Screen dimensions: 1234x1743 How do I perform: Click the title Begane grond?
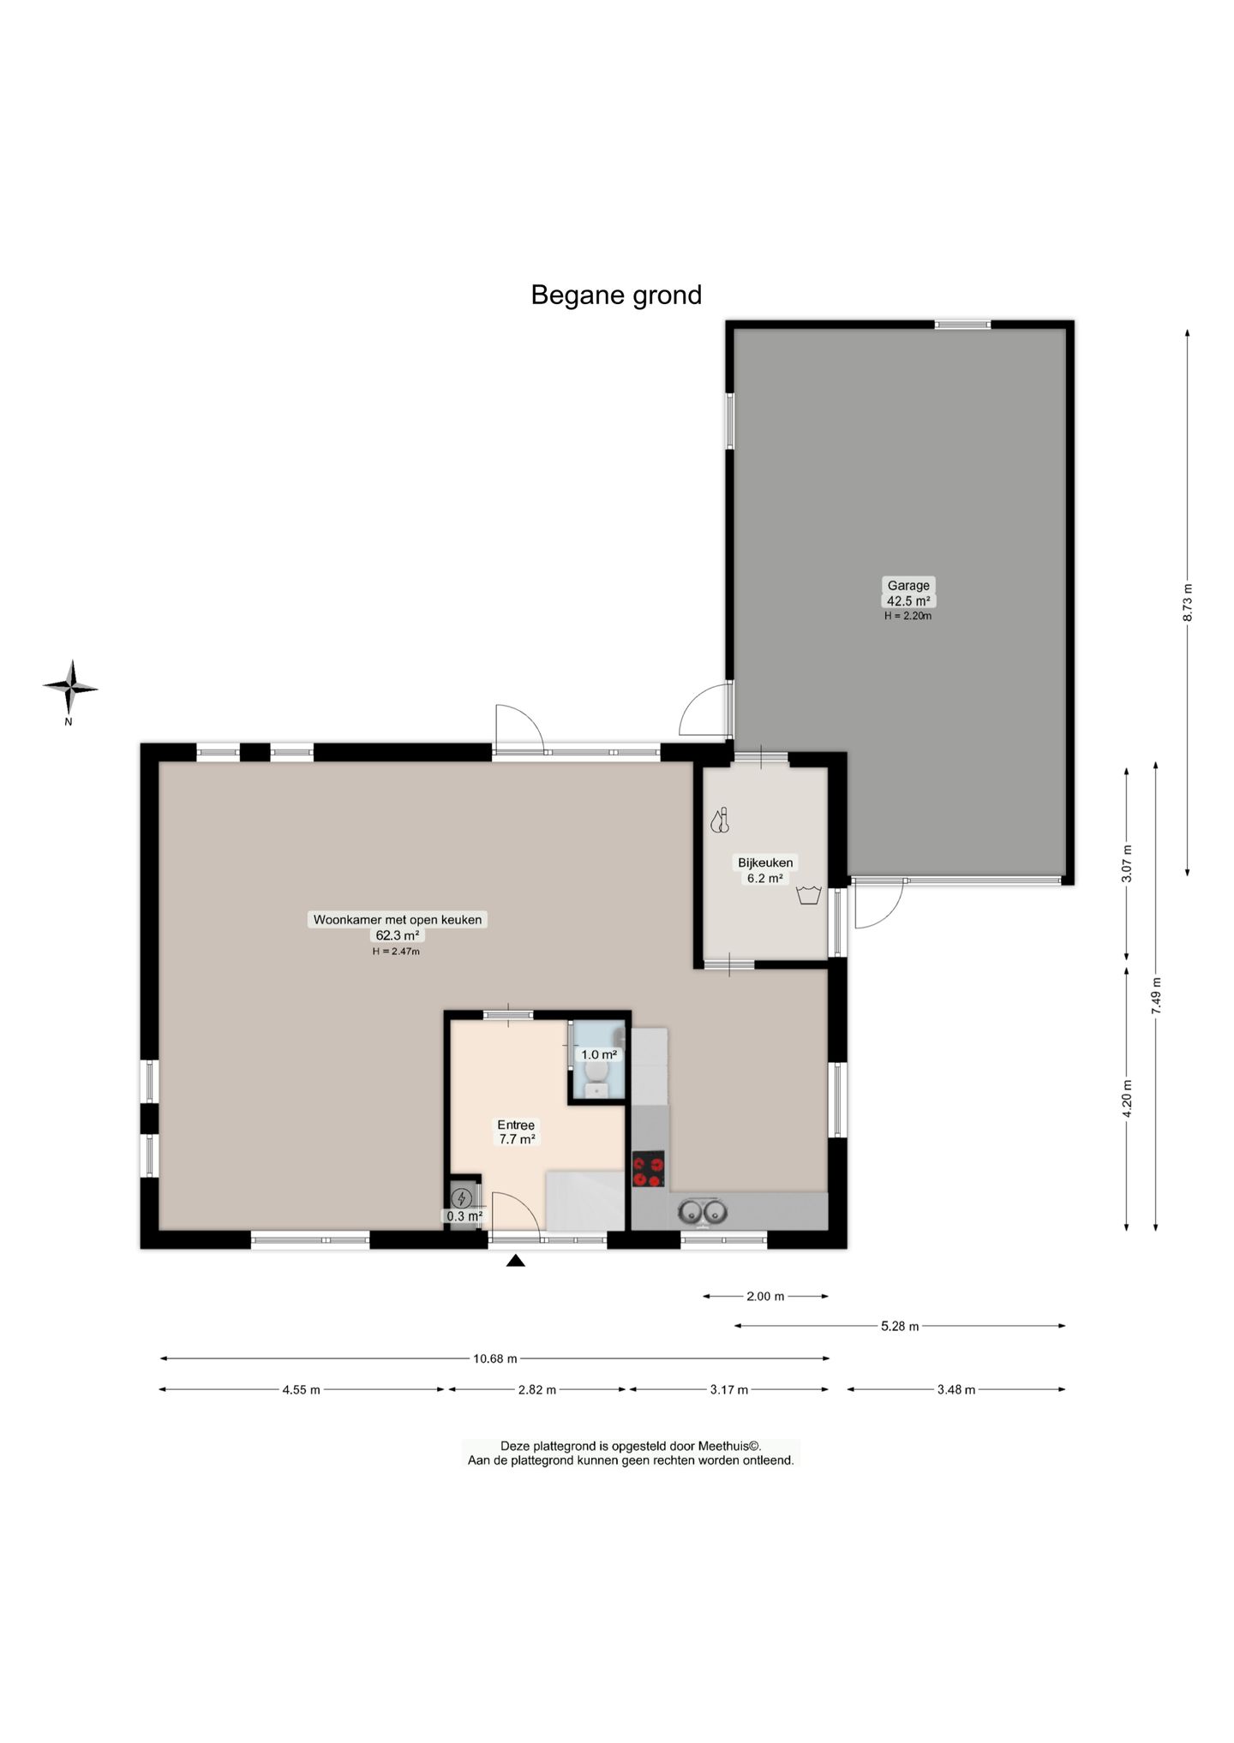(x=616, y=295)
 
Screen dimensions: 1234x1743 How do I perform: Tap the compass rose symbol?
(x=71, y=687)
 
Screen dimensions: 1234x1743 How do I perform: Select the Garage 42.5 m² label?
(x=908, y=593)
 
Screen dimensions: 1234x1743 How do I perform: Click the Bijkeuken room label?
(x=765, y=863)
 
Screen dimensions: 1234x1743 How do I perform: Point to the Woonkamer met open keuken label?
(x=398, y=920)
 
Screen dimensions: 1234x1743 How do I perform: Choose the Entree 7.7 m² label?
(x=517, y=1132)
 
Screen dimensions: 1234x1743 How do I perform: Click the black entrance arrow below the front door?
(x=515, y=1260)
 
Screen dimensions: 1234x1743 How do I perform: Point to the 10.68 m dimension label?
(x=495, y=1358)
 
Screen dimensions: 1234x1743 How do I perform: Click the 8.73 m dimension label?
(x=1187, y=602)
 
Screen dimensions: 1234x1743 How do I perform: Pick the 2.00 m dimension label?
(x=765, y=1297)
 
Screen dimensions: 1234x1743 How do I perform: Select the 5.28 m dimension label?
(x=900, y=1327)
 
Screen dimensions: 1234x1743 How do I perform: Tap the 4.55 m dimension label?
(x=301, y=1390)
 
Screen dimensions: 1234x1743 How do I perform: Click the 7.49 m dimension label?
(x=1156, y=996)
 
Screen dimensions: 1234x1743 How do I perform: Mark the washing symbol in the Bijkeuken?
(x=809, y=896)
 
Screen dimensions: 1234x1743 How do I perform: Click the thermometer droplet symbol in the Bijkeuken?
(x=720, y=821)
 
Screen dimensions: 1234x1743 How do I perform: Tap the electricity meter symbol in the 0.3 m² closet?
(x=463, y=1197)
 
